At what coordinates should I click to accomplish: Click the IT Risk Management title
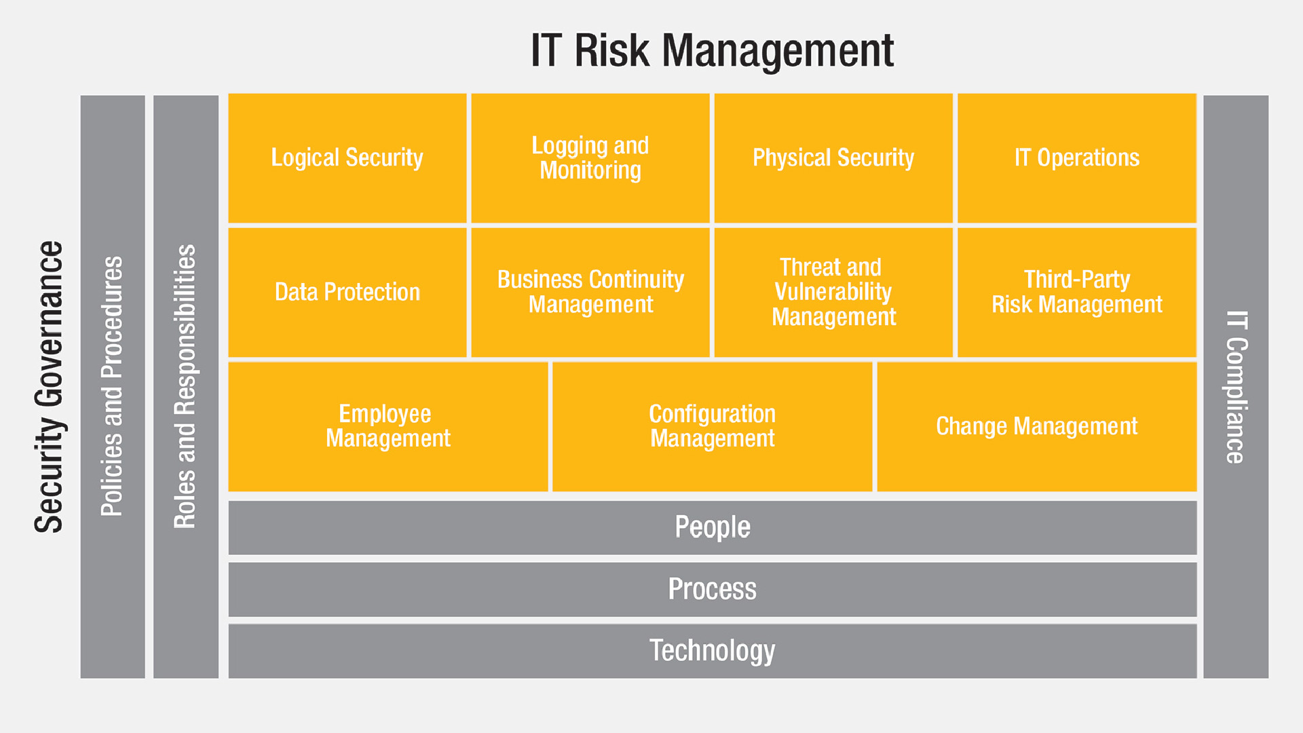point(712,51)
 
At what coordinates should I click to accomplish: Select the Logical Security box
point(347,158)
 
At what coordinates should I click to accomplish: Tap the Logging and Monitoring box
point(590,158)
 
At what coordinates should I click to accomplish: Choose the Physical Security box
point(833,158)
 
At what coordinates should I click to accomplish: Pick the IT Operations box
point(1077,158)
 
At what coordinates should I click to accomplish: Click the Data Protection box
point(347,293)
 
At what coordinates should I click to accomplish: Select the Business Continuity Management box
point(590,293)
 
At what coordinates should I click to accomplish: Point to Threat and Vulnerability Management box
point(833,293)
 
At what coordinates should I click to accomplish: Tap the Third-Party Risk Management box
point(1077,293)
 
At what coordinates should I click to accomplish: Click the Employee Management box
point(388,427)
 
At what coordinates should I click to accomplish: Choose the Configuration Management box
point(713,427)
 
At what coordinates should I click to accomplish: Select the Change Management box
point(1037,427)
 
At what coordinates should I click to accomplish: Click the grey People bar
point(713,528)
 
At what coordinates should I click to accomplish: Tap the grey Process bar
point(713,590)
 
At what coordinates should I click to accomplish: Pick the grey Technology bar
point(713,651)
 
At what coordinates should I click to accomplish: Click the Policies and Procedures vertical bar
point(113,387)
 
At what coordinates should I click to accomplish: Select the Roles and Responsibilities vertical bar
point(186,387)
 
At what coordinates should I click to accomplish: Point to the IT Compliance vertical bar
point(1236,387)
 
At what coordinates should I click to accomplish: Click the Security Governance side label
point(49,387)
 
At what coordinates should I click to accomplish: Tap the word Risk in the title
point(612,51)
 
